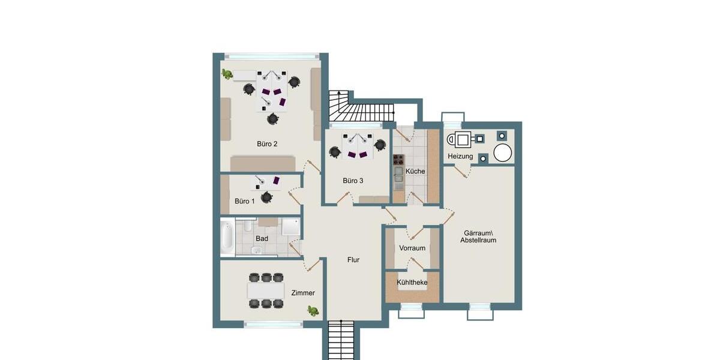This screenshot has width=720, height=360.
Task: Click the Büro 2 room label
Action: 267,144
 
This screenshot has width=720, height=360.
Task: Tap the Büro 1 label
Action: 245,201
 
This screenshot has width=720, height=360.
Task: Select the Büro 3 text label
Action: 353,181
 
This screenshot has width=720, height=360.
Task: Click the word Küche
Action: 415,171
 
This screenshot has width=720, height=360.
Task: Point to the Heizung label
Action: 460,157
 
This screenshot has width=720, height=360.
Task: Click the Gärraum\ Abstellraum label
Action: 478,236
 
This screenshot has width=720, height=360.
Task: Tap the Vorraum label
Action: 412,248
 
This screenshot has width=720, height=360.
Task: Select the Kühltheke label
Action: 412,282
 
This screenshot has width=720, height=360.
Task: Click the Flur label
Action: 353,260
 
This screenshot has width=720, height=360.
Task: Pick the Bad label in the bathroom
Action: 262,238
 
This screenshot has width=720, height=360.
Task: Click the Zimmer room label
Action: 303,293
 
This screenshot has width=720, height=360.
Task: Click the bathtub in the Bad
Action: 227,238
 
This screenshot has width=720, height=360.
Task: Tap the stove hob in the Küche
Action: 398,160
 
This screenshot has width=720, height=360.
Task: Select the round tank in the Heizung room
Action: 503,153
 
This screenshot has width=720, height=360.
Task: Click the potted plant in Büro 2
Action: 227,74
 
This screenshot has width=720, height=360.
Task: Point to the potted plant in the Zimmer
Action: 313,310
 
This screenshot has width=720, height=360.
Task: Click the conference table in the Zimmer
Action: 266,291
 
